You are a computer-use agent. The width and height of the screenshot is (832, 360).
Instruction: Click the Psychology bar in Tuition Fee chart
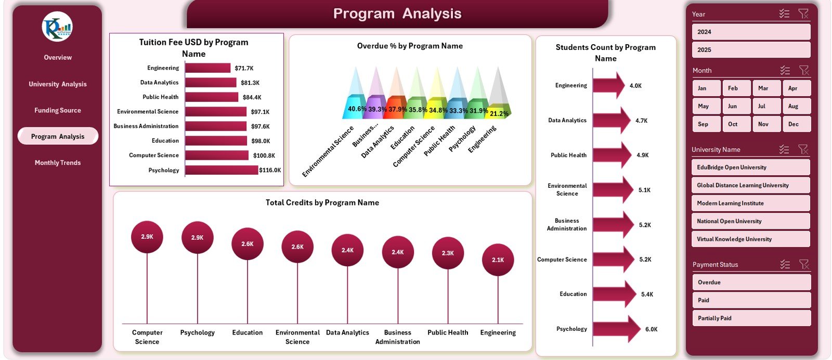(222, 170)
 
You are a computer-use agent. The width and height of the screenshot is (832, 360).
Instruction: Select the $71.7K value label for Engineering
(244, 68)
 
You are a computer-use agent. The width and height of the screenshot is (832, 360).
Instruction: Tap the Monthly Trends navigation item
(58, 163)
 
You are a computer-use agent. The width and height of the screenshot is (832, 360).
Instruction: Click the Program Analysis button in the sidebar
(58, 136)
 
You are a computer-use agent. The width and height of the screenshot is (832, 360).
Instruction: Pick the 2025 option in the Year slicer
(751, 50)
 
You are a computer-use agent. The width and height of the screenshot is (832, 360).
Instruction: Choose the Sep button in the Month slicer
(706, 124)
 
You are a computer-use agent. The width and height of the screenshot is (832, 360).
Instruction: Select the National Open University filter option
(750, 221)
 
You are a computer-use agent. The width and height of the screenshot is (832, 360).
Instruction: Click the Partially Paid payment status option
(751, 318)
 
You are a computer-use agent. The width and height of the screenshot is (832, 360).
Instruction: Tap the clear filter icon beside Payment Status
(804, 264)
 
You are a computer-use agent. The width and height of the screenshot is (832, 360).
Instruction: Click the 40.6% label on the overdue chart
(357, 109)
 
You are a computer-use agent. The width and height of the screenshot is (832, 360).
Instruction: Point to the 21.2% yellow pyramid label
(499, 113)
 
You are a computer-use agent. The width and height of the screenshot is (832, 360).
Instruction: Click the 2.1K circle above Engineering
(498, 260)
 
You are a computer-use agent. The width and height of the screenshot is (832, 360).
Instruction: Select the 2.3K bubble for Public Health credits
(448, 253)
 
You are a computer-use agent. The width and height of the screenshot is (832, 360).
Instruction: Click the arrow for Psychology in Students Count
(616, 329)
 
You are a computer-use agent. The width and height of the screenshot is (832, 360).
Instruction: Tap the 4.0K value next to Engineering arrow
(635, 86)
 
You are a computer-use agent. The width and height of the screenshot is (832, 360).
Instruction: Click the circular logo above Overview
(57, 27)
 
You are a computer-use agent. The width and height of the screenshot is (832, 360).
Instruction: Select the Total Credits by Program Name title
(322, 203)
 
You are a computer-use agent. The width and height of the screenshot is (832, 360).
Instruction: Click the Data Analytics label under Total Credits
(347, 332)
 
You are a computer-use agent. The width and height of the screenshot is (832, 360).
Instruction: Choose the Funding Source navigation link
(58, 110)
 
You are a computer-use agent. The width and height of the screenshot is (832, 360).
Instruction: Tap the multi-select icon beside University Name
(784, 149)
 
